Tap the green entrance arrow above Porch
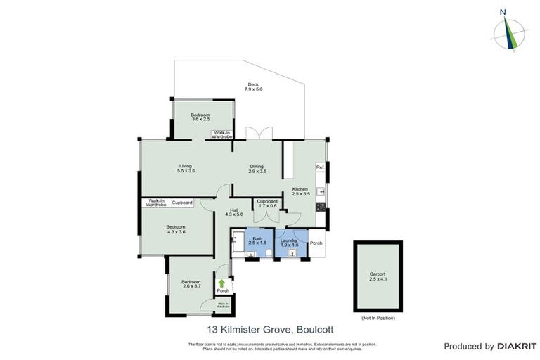point(222,283)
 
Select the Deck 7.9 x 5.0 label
point(253,87)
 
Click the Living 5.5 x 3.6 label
point(186,169)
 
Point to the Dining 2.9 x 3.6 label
point(258,169)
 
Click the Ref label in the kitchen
point(320,167)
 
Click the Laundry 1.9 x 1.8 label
point(289,242)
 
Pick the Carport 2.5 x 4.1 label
point(378,276)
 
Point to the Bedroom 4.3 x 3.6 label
point(176,229)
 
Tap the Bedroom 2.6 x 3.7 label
point(182,284)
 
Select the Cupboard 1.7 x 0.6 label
point(266,204)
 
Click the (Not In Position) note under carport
point(378,319)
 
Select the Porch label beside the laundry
point(316,243)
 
